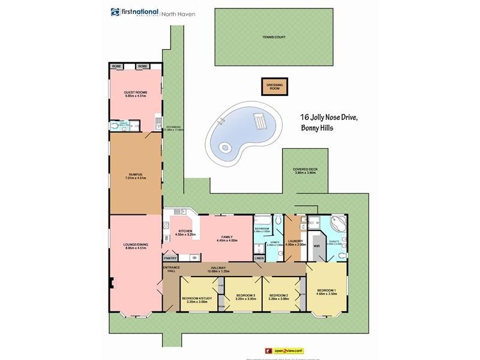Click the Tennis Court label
pyautogui.click(x=273, y=37)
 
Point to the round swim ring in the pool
pyautogui.click(x=225, y=146)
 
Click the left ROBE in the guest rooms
pyautogui.click(x=116, y=66)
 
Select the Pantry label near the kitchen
pyautogui.click(x=171, y=257)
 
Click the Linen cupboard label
pyautogui.click(x=259, y=258)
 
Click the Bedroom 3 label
pyautogui.click(x=246, y=296)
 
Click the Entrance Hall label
pyautogui.click(x=172, y=269)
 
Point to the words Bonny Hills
pyautogui.click(x=319, y=129)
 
